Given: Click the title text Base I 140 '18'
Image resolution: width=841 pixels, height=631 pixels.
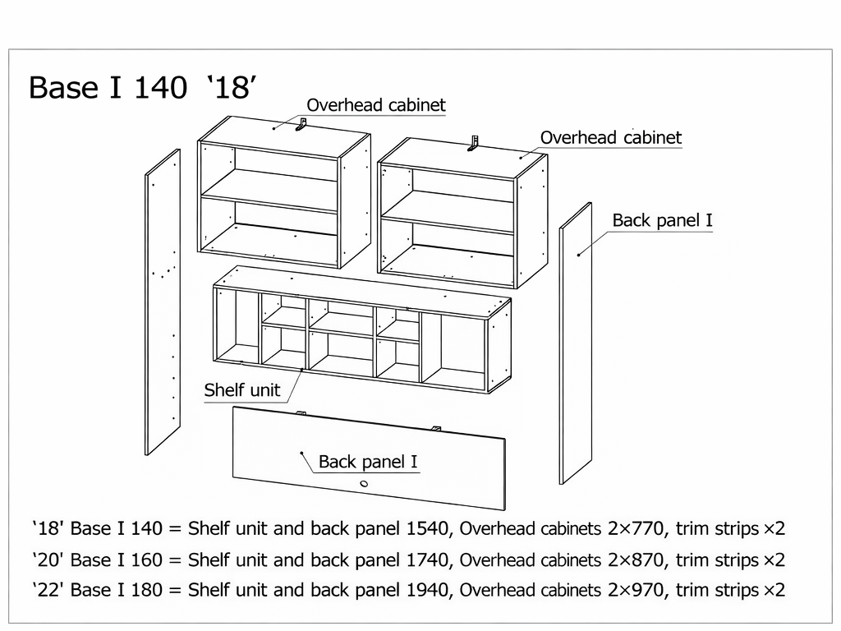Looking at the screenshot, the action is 143,87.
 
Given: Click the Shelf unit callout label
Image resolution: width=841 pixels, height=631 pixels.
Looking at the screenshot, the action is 242,390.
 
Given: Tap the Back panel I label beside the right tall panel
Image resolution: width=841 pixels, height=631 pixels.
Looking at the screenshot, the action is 663,220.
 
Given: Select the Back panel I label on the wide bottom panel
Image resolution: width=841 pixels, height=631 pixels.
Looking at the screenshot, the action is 368,462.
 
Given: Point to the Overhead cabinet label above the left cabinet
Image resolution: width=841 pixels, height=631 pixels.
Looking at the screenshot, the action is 376,105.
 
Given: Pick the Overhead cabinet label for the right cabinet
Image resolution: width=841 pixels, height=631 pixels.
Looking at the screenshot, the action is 611,138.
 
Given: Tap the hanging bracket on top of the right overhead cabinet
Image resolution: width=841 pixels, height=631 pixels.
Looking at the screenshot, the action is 474,143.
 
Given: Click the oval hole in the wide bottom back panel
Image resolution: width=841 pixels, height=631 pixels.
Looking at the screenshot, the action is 364,483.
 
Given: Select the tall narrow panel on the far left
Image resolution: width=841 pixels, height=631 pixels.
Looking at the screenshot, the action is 163,302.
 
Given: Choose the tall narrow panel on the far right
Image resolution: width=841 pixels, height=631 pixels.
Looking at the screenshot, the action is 576,343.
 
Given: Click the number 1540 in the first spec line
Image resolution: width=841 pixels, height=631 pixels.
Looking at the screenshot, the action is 427,529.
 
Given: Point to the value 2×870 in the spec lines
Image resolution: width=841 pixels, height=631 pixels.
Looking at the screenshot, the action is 636,560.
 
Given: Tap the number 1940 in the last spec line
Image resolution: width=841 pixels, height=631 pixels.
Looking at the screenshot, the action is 427,590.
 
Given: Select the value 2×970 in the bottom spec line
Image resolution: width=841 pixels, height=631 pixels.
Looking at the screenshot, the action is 636,590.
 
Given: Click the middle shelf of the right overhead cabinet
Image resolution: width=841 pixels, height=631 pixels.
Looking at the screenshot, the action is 448,213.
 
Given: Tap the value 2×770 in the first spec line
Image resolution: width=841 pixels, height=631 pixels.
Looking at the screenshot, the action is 636,529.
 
